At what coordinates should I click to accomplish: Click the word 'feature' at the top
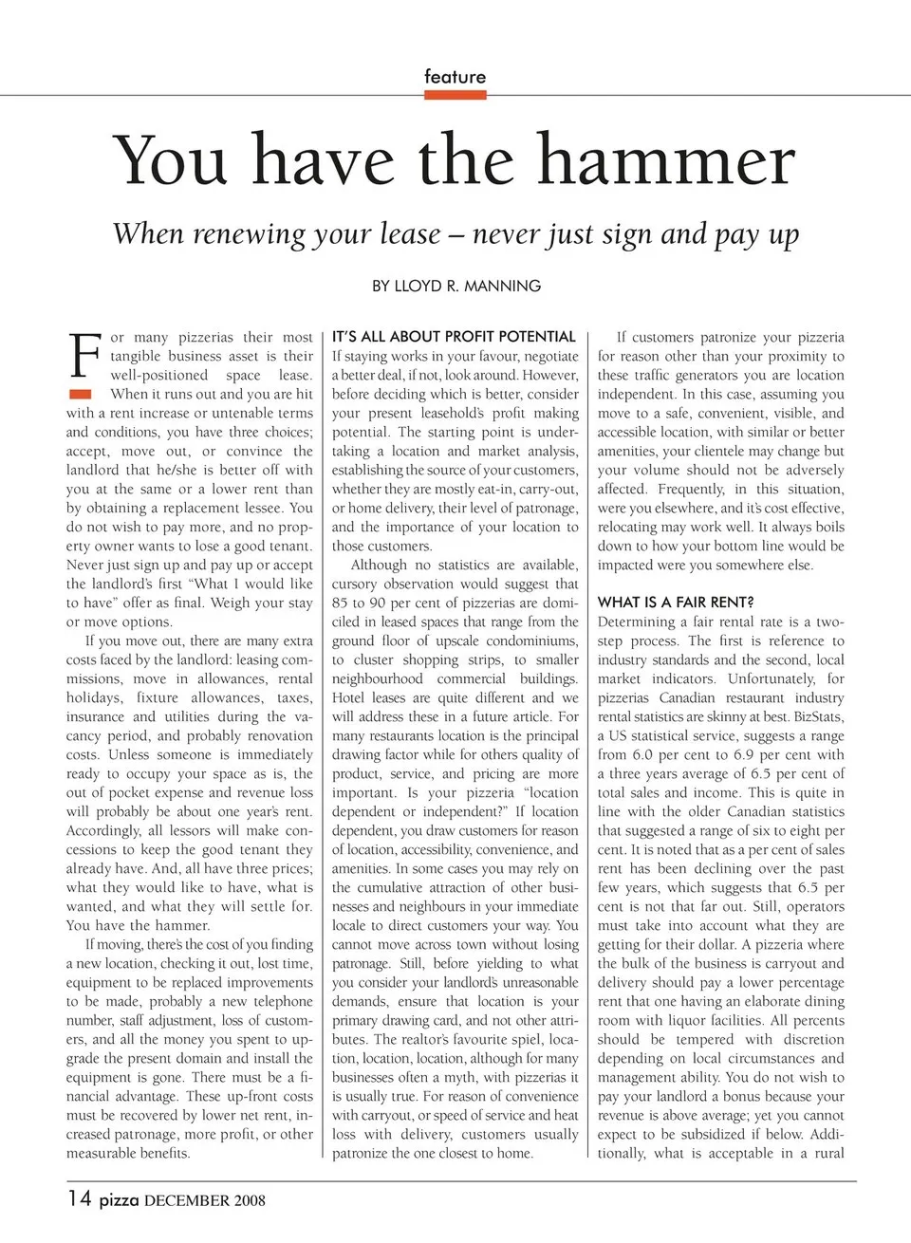pyautogui.click(x=455, y=77)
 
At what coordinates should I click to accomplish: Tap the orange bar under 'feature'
pyautogui.click(x=455, y=95)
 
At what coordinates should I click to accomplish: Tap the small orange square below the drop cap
pyautogui.click(x=81, y=394)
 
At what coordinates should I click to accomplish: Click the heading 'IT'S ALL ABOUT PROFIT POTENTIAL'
pyautogui.click(x=454, y=337)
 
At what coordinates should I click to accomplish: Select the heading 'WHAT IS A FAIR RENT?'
pyautogui.click(x=676, y=603)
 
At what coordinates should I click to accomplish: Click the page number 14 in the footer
pyautogui.click(x=79, y=1198)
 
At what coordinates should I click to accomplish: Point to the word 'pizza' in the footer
pyautogui.click(x=119, y=1200)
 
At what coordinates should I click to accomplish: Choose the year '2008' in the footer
pyautogui.click(x=250, y=1201)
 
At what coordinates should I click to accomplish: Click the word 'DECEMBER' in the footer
pyautogui.click(x=187, y=1201)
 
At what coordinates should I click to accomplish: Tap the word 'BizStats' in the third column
pyautogui.click(x=818, y=716)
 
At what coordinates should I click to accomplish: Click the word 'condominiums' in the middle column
pyautogui.click(x=530, y=640)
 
